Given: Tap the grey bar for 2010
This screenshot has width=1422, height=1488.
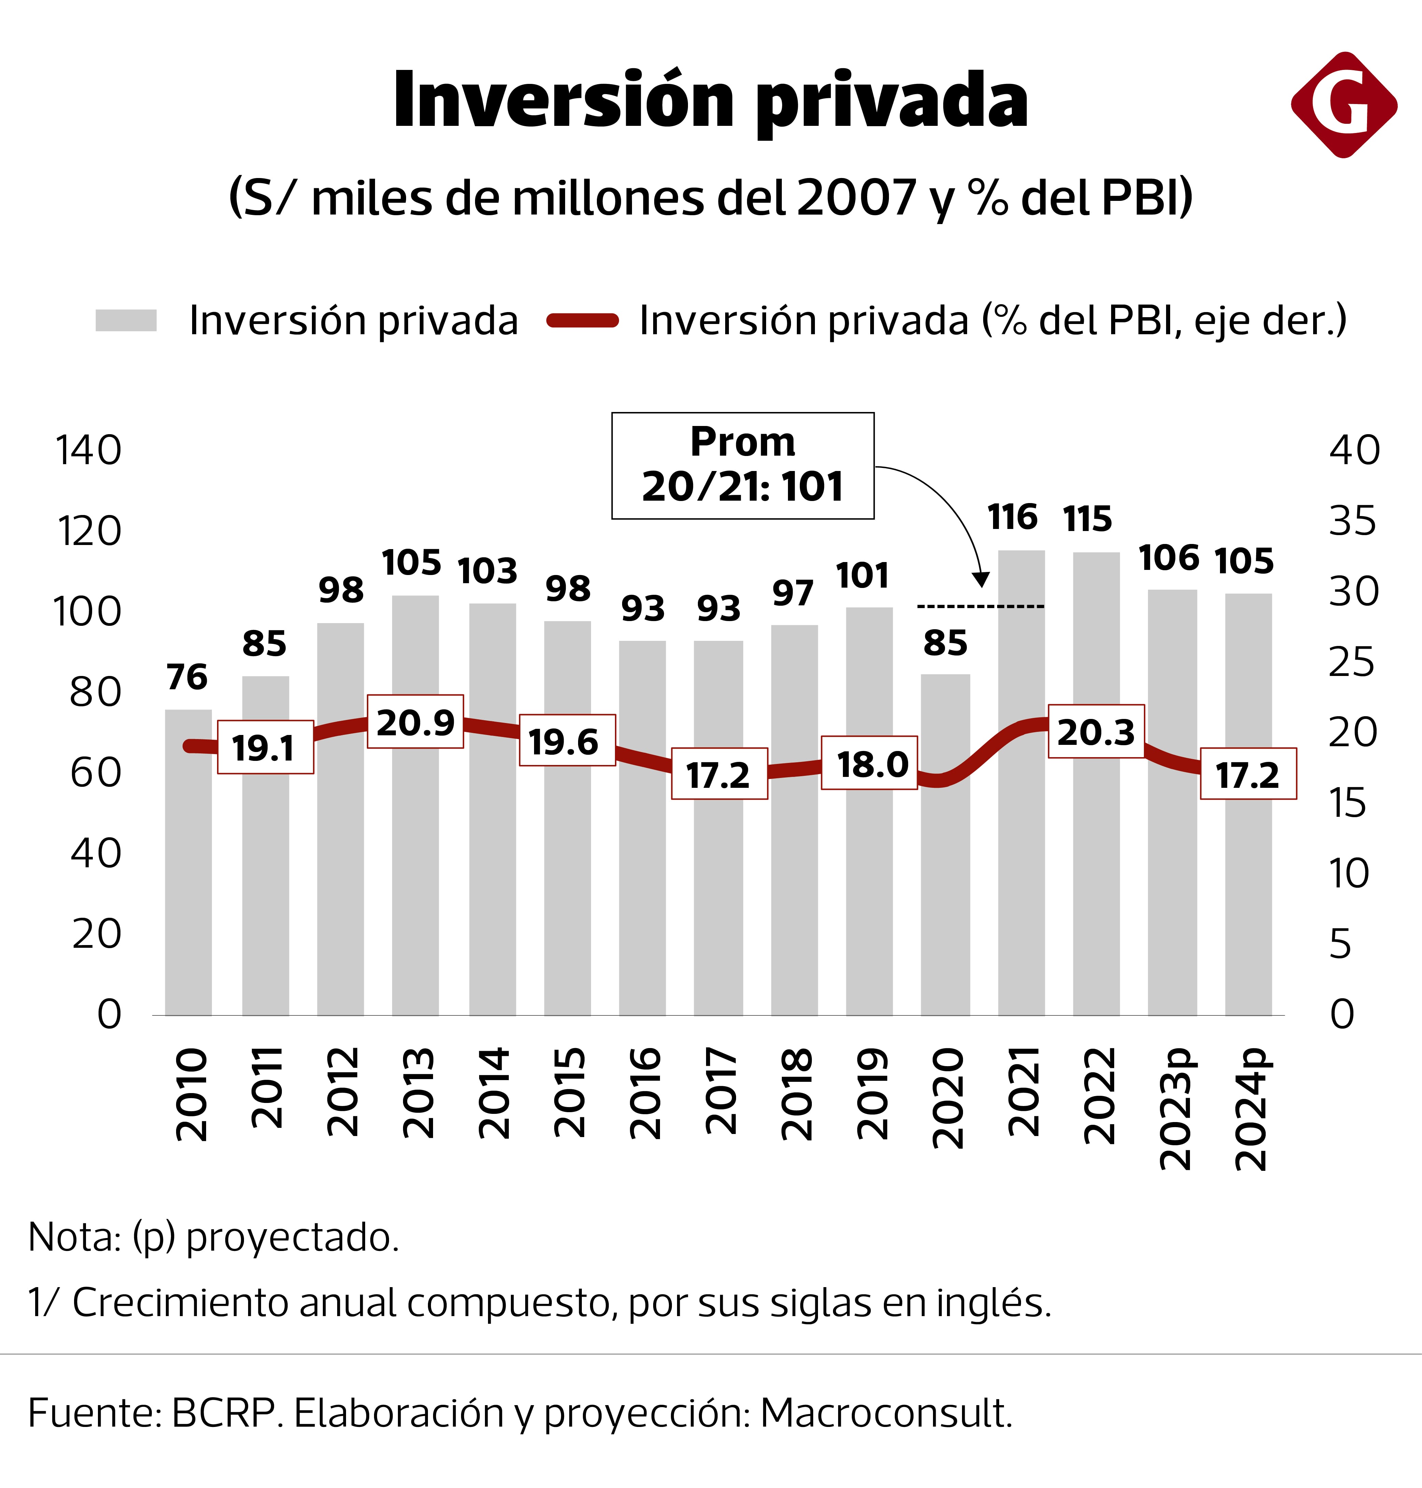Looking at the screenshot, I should [188, 871].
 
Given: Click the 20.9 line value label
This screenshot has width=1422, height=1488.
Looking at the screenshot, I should [415, 722].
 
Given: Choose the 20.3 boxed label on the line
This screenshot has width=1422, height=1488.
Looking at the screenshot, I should [1096, 731].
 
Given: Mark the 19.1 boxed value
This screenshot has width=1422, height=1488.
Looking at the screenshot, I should [265, 747].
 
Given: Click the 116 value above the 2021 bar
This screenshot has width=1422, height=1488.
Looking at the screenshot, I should [1012, 517].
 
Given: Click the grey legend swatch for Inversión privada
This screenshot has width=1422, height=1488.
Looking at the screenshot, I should [126, 321].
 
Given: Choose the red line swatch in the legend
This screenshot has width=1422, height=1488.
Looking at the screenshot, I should [582, 321].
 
